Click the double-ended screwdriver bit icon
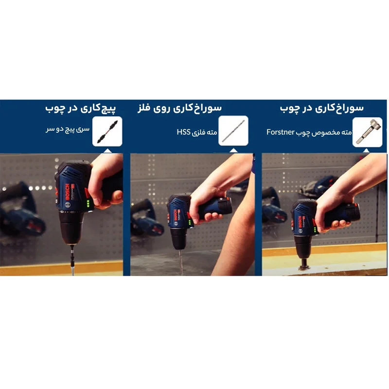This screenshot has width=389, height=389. [107, 131]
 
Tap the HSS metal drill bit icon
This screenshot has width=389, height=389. [233, 131]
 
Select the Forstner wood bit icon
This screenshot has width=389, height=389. [368, 132]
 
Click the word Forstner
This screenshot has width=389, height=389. [281, 132]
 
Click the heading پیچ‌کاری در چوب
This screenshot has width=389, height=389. [81, 108]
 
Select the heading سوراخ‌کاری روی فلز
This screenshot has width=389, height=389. [179, 108]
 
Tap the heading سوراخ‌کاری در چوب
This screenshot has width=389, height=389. [322, 108]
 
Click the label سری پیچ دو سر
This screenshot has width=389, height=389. [68, 129]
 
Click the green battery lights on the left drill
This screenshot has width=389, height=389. [88, 204]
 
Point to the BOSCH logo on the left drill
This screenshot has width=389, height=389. [67, 193]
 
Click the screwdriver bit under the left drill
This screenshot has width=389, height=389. [72, 260]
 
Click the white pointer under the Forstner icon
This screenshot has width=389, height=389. [367, 150]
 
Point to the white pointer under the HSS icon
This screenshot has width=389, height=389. [233, 150]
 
